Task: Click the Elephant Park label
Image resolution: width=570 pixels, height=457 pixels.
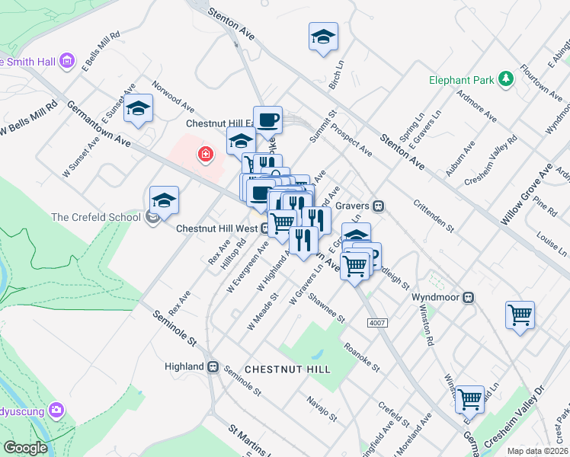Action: [461, 78]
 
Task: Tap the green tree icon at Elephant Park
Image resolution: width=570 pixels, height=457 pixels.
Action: [504, 78]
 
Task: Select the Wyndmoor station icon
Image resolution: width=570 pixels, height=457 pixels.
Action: [470, 298]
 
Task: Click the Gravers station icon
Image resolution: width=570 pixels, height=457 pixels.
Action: [377, 206]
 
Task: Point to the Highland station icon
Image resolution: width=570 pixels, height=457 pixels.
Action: [215, 366]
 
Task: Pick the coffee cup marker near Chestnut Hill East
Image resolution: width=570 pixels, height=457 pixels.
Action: [267, 120]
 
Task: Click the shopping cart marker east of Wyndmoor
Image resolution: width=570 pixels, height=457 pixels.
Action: [520, 314]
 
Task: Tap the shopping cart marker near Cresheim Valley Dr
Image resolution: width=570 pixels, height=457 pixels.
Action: [469, 398]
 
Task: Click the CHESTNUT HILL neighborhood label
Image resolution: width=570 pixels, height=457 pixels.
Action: [287, 369]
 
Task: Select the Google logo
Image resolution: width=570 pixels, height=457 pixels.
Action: [25, 448]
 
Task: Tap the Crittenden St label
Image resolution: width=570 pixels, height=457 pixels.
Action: [434, 216]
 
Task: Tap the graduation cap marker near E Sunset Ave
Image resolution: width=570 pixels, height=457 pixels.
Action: [139, 110]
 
